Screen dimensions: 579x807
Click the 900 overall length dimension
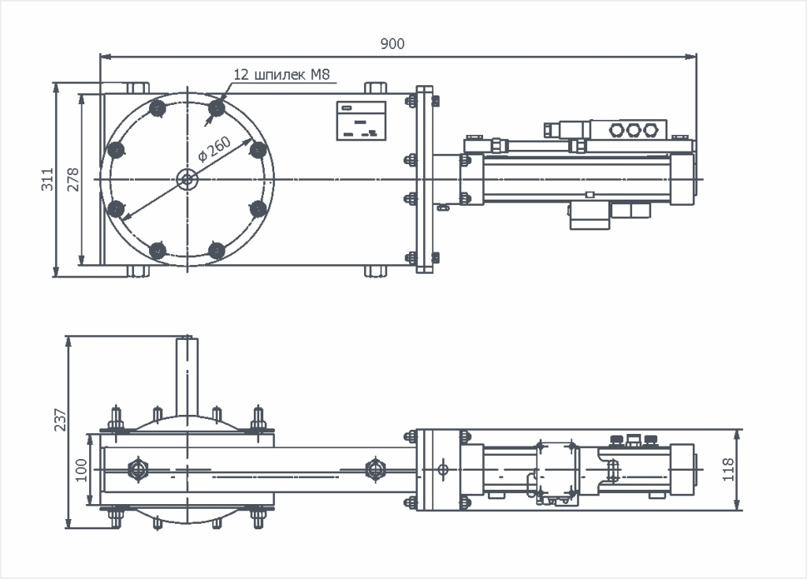tap(392, 44)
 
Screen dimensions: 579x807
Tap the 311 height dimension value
tap(47, 179)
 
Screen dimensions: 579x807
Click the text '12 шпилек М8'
tap(281, 75)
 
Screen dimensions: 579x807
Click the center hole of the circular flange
tap(187, 179)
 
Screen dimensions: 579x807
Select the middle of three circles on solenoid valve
tap(634, 129)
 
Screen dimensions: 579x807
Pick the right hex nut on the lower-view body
tap(374, 469)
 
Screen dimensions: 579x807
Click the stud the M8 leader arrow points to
tap(217, 107)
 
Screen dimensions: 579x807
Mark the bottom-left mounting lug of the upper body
tap(137, 271)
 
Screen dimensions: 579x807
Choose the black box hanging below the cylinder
tap(590, 216)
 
